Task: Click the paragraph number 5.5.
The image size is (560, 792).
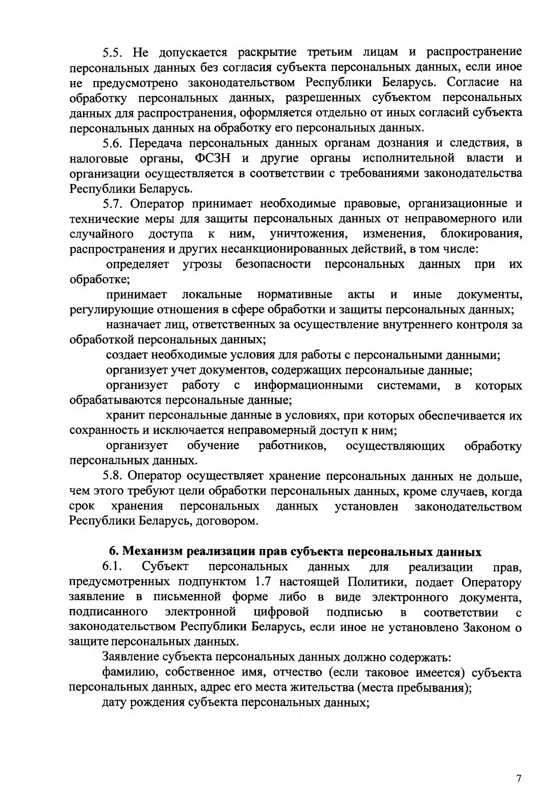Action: click(x=113, y=53)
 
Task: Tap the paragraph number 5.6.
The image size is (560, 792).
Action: click(x=113, y=143)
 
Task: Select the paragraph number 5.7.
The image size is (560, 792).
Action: click(x=113, y=204)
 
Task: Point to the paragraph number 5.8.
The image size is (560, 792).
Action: click(x=113, y=476)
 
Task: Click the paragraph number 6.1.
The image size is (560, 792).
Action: click(x=112, y=567)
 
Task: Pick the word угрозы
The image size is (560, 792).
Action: click(x=202, y=264)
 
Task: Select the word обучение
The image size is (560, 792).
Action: click(x=213, y=446)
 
